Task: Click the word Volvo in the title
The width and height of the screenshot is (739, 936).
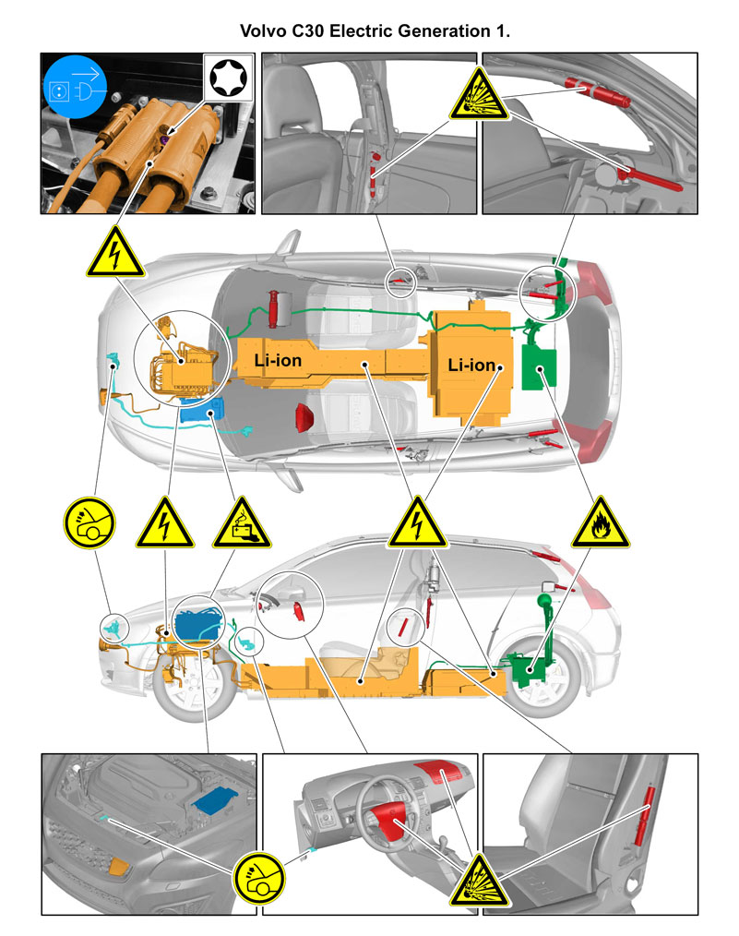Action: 263,31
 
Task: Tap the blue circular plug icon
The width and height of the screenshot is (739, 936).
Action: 75,87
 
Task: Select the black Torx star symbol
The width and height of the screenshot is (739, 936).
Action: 228,78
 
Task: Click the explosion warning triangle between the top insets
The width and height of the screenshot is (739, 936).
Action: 478,94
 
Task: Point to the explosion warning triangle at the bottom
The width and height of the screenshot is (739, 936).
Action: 478,882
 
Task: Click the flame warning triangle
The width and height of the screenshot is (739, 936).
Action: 600,522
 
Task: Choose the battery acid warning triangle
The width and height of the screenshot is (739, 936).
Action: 242,522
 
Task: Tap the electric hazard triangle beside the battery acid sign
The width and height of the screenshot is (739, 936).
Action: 164,522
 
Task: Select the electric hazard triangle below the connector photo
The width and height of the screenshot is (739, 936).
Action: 115,252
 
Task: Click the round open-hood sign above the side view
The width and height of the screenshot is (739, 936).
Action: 89,522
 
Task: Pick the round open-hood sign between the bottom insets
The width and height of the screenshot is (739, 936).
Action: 259,878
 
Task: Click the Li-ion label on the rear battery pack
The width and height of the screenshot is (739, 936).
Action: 471,365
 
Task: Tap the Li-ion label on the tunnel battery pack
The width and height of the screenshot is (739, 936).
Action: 278,360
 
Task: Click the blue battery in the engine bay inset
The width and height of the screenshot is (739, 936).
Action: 215,799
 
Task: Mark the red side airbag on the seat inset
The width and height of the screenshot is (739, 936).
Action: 644,816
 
